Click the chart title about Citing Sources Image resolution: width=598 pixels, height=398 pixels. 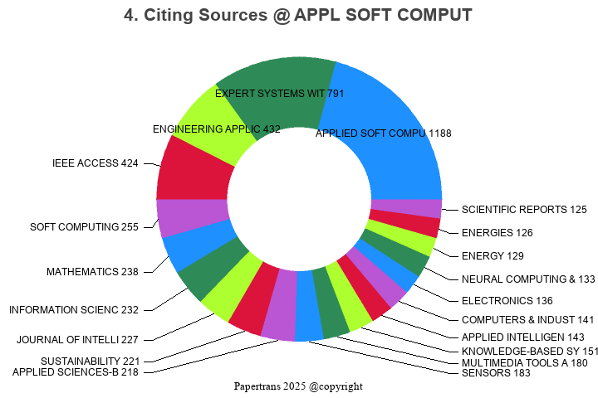tap(298, 16)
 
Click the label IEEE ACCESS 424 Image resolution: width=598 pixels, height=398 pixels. tap(96, 163)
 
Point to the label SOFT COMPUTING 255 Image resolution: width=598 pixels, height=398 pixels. tap(84, 227)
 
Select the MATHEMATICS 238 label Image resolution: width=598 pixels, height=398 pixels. tap(92, 271)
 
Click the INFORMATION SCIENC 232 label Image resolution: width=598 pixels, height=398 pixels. tap(74, 310)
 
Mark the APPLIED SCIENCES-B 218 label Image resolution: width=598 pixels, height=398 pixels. tap(76, 372)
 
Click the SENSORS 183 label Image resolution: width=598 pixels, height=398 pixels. tap(496, 373)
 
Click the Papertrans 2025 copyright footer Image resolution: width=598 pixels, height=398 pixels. tap(298, 386)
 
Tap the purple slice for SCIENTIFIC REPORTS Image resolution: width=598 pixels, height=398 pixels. tap(405, 208)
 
